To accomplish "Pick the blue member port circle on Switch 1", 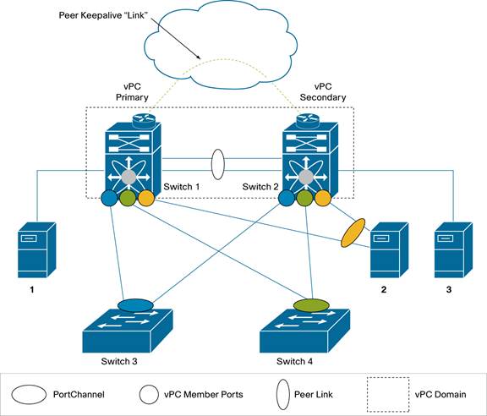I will pos(109,200).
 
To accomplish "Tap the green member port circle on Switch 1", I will pos(128,200).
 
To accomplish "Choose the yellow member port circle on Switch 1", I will pos(146,200).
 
